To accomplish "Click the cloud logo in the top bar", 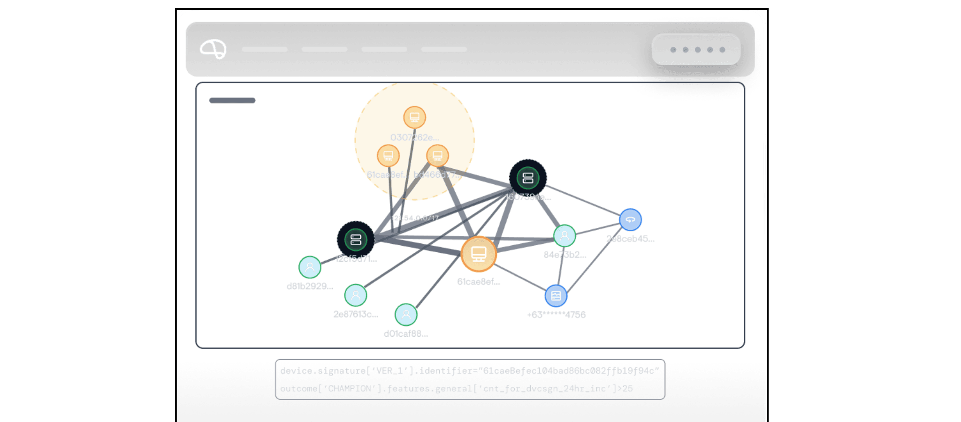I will point(213,49).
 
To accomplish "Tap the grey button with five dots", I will point(696,49).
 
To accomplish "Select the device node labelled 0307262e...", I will point(414,117).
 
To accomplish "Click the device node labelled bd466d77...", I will point(437,155).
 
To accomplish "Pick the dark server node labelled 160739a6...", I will point(528,178).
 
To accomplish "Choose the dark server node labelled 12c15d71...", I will point(356,240).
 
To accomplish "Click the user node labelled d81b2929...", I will point(310,267).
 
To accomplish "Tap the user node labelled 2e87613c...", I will point(356,295).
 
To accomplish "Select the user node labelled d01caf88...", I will point(406,315).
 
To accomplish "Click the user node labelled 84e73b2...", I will point(564,236).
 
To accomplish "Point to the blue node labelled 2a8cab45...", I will point(630,219).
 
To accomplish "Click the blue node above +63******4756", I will point(556,296).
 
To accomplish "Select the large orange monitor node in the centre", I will point(479,254).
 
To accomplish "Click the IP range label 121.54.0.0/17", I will point(415,218).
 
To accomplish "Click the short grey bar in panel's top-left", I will point(232,101).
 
